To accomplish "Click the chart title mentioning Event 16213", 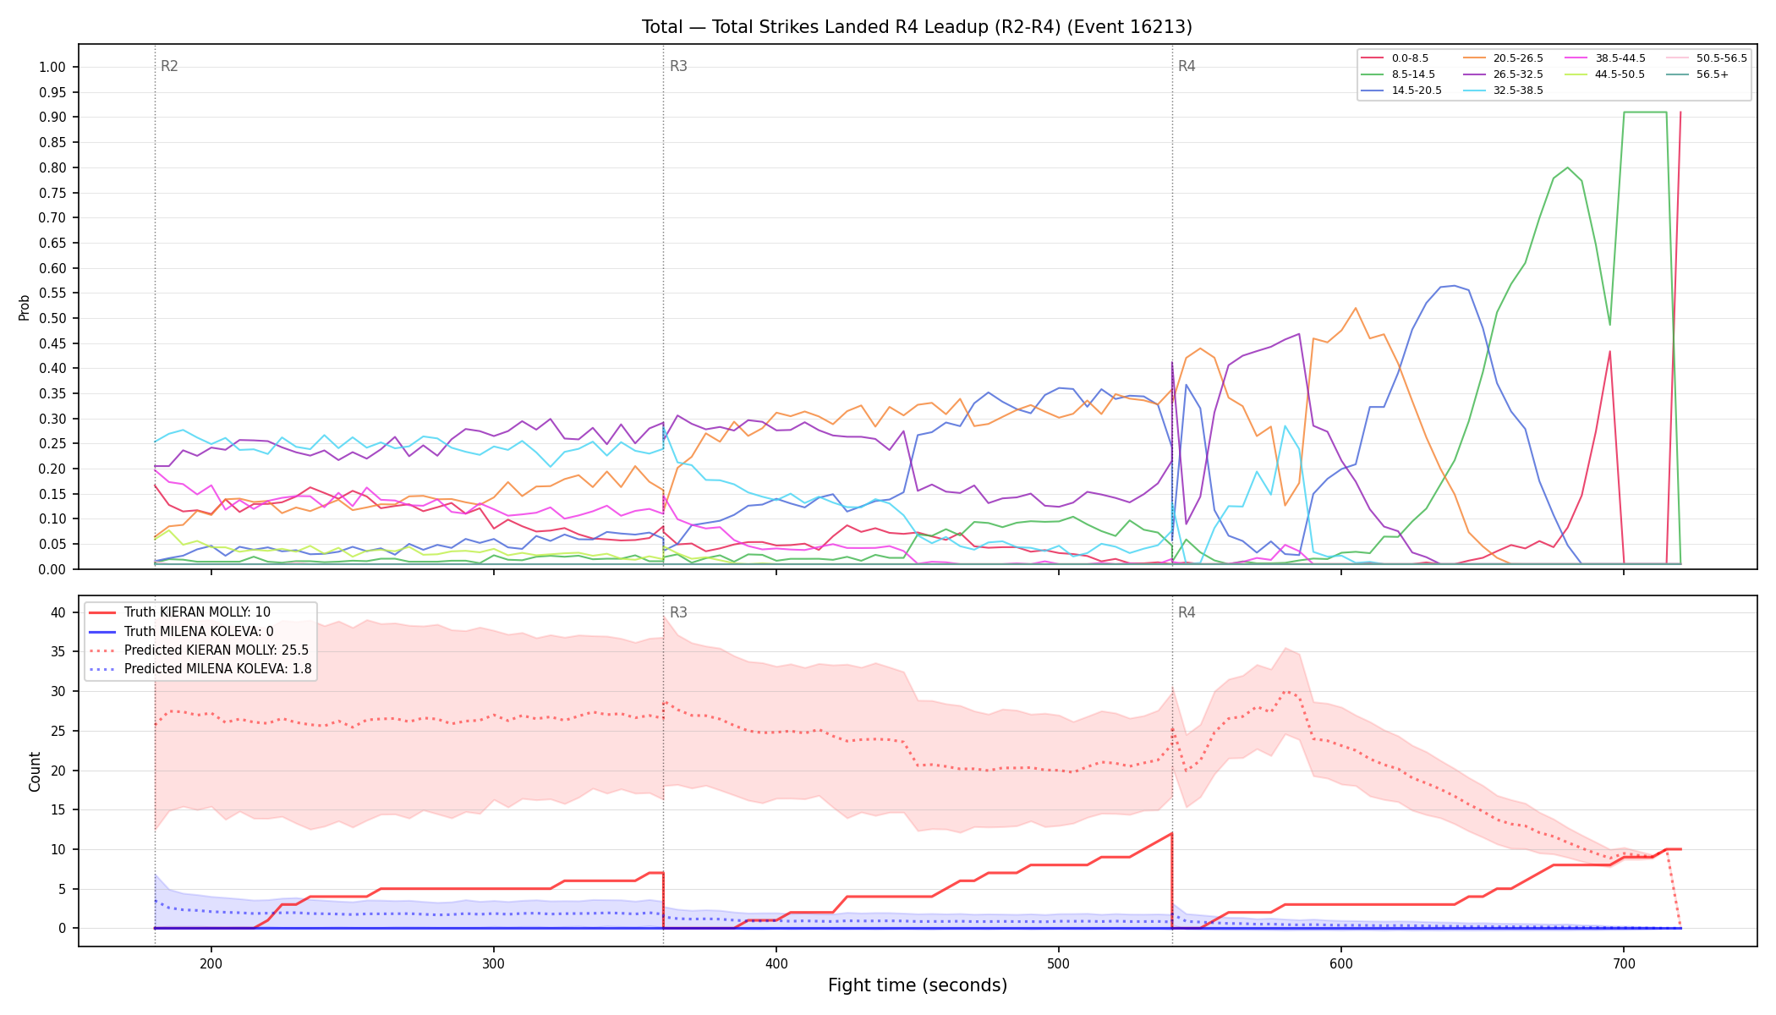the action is pos(917,27).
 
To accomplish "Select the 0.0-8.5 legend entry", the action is pos(1395,58).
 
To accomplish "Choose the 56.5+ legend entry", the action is pos(1700,74).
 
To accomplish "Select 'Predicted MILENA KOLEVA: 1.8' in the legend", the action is pos(200,669).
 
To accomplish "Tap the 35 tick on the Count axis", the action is pos(58,652).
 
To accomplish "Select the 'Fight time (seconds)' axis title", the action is pos(918,985).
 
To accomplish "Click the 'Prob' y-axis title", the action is pos(24,307).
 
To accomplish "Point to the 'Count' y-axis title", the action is pos(35,771).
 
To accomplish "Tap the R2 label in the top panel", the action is pos(169,66).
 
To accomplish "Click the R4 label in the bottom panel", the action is pos(1187,612).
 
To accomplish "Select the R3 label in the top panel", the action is pos(678,66).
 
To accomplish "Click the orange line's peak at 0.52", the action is pos(1355,308).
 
